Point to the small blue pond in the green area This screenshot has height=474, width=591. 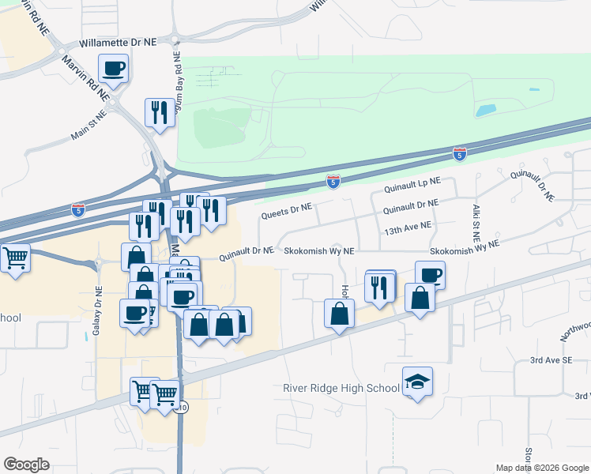pyautogui.click(x=486, y=110)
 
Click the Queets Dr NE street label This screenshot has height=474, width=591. pyautogui.click(x=286, y=210)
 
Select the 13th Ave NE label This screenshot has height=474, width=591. pyautogui.click(x=408, y=227)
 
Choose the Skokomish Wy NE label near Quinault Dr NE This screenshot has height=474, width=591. pyautogui.click(x=319, y=250)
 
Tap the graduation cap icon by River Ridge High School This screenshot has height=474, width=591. pyautogui.click(x=417, y=382)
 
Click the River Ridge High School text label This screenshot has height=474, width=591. pyautogui.click(x=341, y=388)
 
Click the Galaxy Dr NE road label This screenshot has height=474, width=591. pyautogui.click(x=97, y=310)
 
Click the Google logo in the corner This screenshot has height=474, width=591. pyautogui.click(x=26, y=465)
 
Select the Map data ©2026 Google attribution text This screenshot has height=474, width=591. pyautogui.click(x=541, y=468)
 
